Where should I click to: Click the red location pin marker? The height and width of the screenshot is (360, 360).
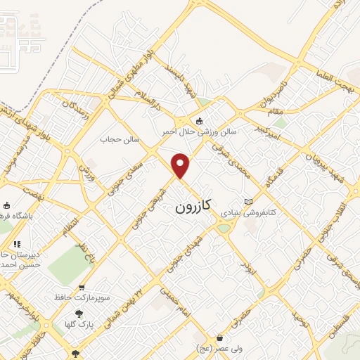click(x=181, y=165)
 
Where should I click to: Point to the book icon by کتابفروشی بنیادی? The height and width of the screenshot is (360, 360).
click(x=247, y=202)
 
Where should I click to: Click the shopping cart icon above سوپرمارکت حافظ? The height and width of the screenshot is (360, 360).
click(x=82, y=288)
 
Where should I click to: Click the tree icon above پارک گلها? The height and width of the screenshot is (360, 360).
click(x=78, y=314)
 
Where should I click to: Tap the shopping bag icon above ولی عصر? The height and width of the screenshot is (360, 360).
click(x=220, y=338)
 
